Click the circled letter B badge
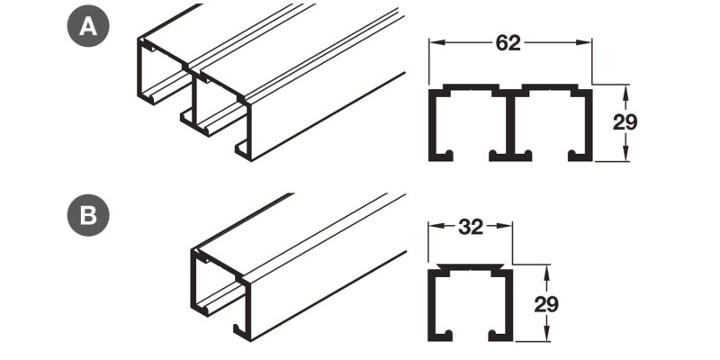tap(88, 217)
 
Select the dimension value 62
tap(508, 43)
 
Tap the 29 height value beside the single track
tap(546, 303)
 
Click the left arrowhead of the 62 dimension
tap(433, 43)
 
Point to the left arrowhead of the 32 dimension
tap(433, 227)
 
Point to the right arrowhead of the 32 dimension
tap(507, 227)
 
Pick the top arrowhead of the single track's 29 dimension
tap(546, 272)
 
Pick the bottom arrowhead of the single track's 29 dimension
tap(546, 337)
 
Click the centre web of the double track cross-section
tap(509, 126)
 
